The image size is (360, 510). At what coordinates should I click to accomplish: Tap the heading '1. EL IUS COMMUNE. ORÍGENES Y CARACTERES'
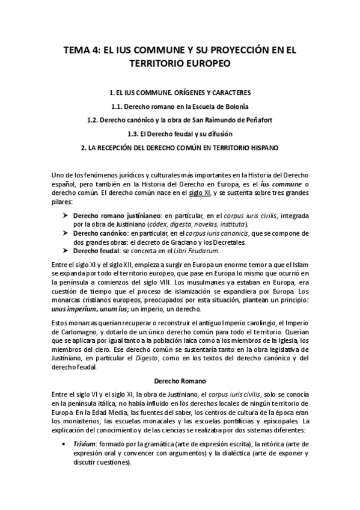click(180, 93)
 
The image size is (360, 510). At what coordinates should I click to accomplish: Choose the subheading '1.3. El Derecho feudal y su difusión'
click(180, 133)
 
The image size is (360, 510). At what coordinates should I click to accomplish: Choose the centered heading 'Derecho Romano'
click(180, 381)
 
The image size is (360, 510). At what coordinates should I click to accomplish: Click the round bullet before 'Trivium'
click(65, 443)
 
